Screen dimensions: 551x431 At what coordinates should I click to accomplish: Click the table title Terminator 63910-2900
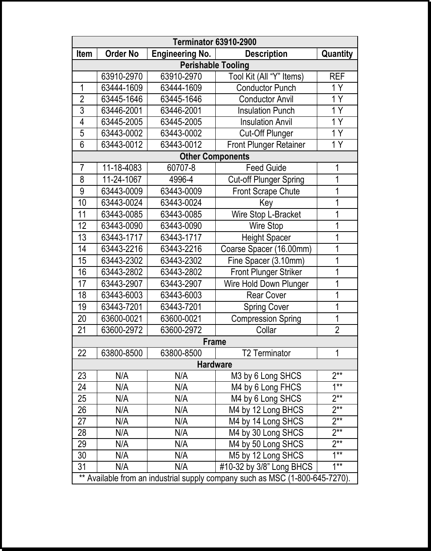tap(215, 42)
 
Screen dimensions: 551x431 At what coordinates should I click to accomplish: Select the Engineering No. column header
tap(181, 54)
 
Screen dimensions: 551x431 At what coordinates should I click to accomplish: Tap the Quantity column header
tap(337, 54)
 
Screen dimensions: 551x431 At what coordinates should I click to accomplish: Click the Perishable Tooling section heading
tap(215, 65)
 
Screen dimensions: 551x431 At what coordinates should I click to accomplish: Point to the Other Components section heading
tap(215, 156)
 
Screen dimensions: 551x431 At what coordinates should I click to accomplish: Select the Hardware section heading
tap(215, 364)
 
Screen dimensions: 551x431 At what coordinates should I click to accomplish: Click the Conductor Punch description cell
tap(266, 88)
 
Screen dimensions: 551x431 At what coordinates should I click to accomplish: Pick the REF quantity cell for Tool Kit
tap(337, 76)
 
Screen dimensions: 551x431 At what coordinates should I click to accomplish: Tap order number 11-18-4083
tap(122, 168)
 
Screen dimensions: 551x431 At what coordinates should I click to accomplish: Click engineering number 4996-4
tap(181, 179)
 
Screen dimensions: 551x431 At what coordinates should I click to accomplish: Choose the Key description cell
tap(266, 203)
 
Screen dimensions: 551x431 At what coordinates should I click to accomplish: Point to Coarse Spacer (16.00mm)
tap(266, 249)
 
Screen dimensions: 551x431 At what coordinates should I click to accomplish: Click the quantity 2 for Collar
tap(337, 330)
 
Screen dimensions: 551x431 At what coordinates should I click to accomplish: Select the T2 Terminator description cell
tap(266, 353)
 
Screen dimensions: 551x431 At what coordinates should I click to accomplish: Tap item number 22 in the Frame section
tap(82, 353)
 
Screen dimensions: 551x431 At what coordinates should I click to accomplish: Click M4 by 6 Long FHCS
tap(266, 387)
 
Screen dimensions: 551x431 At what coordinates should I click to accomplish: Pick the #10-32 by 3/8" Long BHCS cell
tap(266, 467)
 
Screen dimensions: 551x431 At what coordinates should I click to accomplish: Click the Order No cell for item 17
tap(122, 284)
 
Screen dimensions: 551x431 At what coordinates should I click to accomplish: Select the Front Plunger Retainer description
tap(266, 145)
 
